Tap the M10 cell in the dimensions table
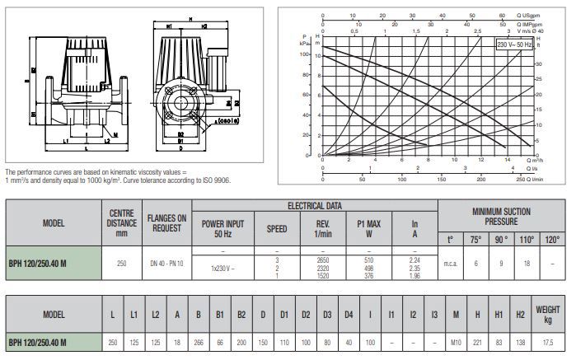(x=456, y=341)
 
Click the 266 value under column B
(x=197, y=341)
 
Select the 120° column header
(x=552, y=241)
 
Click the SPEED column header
(x=277, y=228)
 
